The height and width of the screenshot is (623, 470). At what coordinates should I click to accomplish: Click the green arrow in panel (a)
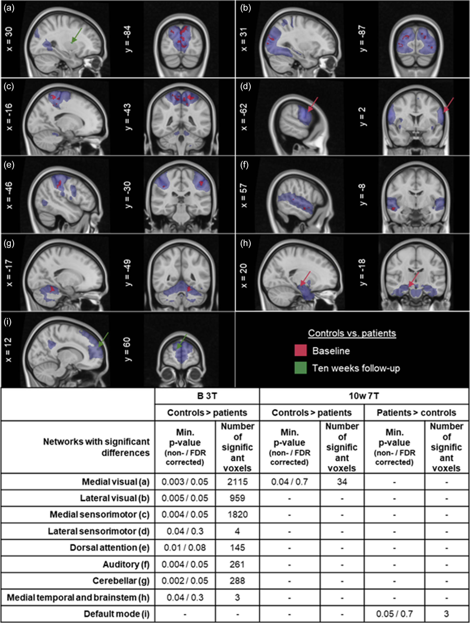pos(77,35)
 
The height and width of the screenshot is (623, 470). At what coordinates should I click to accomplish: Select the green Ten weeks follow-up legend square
pos(300,368)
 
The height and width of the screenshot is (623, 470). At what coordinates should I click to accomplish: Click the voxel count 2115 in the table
pos(237,482)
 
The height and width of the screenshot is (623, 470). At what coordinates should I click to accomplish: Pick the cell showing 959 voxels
pos(237,498)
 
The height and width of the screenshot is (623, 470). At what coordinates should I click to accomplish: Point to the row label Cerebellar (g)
pos(121,580)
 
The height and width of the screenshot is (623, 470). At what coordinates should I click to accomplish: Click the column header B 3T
pos(207,396)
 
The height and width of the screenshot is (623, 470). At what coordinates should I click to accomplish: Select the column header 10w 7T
pos(364,396)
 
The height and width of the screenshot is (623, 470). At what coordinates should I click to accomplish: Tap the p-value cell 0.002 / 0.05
pos(185,580)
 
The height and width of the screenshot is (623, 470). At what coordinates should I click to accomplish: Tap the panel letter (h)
pos(246,243)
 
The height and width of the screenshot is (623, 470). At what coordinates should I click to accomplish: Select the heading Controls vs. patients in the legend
pos(352,333)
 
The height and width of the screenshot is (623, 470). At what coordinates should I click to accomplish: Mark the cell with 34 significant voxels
pos(342,482)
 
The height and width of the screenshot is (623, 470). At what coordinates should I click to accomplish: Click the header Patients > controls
pos(416,413)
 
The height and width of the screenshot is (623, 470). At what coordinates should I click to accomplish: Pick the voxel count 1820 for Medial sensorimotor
pos(237,514)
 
